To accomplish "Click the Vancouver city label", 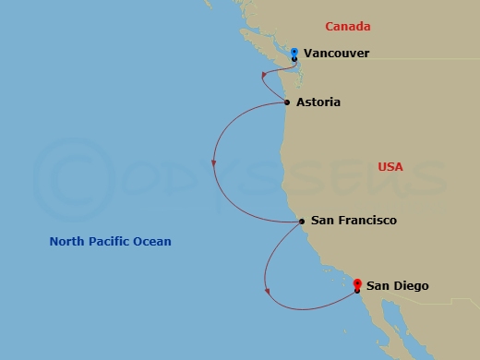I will pyautogui.click(x=336, y=54).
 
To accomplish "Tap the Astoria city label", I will pyautogui.click(x=318, y=102).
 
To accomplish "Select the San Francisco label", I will pyautogui.click(x=354, y=221).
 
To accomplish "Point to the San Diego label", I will pyautogui.click(x=397, y=286).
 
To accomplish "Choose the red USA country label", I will pyautogui.click(x=390, y=167).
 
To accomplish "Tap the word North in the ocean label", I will pyautogui.click(x=67, y=242).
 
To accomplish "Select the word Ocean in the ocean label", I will pyautogui.click(x=153, y=242).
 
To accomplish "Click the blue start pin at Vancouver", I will pyautogui.click(x=294, y=52).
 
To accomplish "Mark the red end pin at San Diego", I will pyautogui.click(x=357, y=285).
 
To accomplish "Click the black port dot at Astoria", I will pyautogui.click(x=288, y=102).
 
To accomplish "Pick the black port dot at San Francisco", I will pyautogui.click(x=302, y=222).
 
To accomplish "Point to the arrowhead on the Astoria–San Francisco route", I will pyautogui.click(x=214, y=163).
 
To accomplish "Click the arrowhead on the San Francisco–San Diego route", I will pyautogui.click(x=267, y=292).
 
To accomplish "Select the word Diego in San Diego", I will pyautogui.click(x=410, y=286).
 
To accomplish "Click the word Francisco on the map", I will pyautogui.click(x=366, y=221).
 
